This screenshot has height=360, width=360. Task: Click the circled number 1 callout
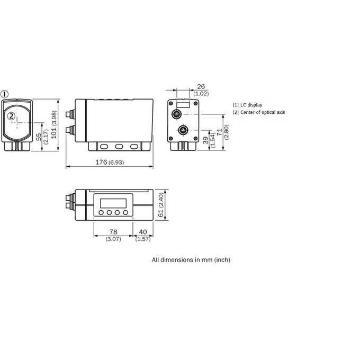[x=4, y=94]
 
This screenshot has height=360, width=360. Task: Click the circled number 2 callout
[x=11, y=116]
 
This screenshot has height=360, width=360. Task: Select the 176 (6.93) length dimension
[x=110, y=163]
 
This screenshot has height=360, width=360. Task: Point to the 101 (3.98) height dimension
[x=54, y=124]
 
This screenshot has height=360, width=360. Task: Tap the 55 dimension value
[x=39, y=137]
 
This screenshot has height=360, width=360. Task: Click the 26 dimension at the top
[x=201, y=86]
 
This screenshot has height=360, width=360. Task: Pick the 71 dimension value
[x=220, y=132]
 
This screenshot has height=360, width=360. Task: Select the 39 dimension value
[x=206, y=140]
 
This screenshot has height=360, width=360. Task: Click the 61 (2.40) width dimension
[x=161, y=204]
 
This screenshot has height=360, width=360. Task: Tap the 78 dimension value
[x=113, y=232]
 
